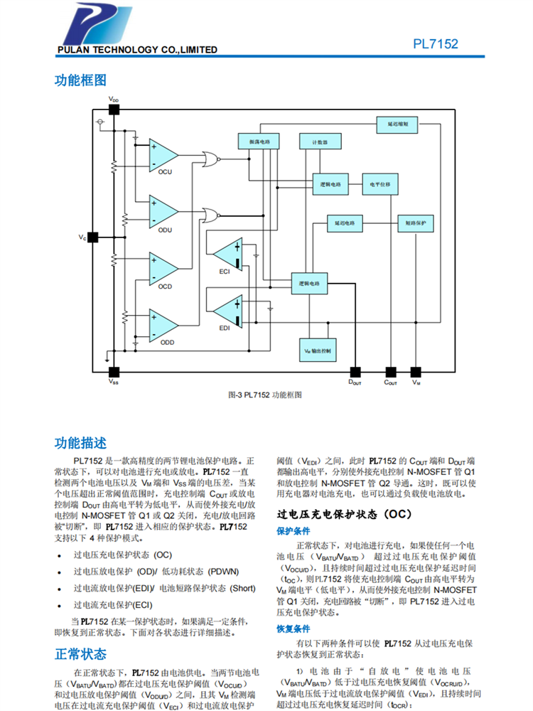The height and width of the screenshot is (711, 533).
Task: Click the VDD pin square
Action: (113, 109)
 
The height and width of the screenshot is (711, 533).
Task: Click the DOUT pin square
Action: (355, 371)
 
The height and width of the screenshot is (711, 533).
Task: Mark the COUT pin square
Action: (390, 371)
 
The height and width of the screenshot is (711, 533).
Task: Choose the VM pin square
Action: (416, 371)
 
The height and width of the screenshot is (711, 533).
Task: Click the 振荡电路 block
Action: (259, 141)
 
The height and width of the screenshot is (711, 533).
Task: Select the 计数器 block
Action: (319, 141)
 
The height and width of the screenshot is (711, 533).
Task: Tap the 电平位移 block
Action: (380, 183)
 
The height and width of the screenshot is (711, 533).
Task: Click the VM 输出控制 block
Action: (316, 351)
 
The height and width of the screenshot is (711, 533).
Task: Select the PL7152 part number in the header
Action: (436, 44)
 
